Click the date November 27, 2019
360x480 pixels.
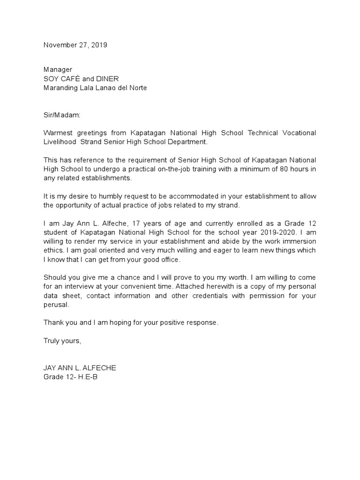(x=75, y=45)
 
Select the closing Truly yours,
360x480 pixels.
(x=62, y=341)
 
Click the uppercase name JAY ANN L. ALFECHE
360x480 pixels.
(x=80, y=368)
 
